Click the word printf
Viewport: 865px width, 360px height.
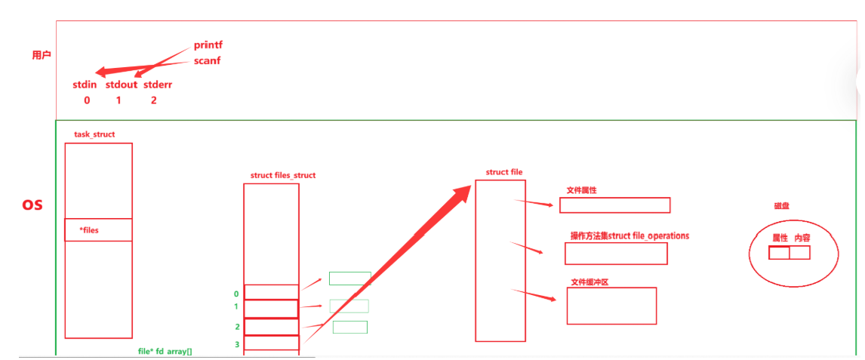click(208, 45)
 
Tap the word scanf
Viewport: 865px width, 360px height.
click(207, 60)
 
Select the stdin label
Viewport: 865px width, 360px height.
click(85, 85)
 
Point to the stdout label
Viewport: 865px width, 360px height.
click(122, 85)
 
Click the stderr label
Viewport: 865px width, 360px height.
click(158, 85)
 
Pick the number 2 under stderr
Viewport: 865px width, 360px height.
click(154, 100)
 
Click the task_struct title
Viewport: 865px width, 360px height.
click(94, 134)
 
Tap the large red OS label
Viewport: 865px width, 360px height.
click(32, 205)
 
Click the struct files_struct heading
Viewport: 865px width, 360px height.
click(283, 175)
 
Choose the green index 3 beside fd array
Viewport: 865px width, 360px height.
click(237, 343)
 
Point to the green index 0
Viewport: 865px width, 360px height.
click(236, 294)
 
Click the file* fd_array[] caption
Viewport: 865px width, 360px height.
click(165, 352)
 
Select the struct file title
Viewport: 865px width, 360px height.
click(504, 172)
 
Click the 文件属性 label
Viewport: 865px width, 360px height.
click(581, 191)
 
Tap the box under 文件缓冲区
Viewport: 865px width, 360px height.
click(611, 306)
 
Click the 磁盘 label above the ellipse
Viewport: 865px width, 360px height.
click(782, 205)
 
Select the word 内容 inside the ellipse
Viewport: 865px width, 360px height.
click(802, 237)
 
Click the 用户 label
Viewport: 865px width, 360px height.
click(42, 55)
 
